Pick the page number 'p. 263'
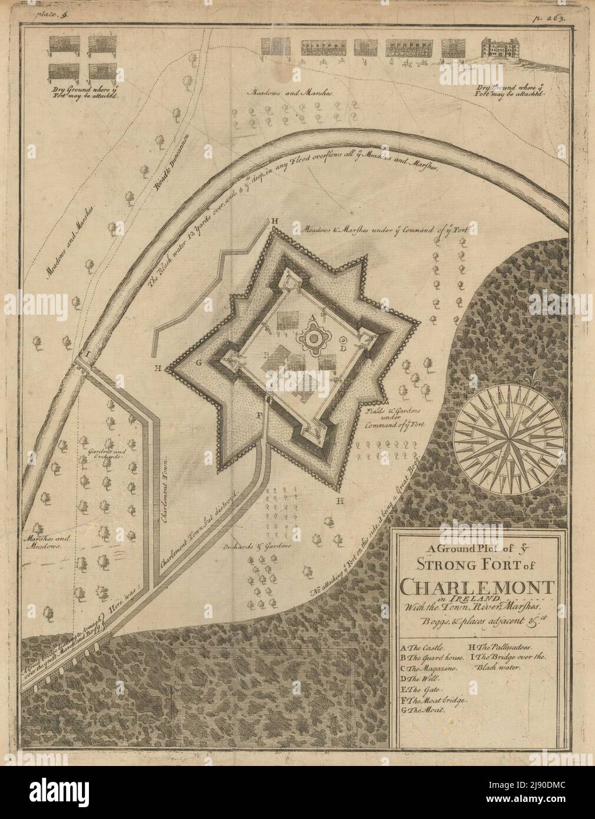(x=555, y=18)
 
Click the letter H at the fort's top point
(x=274, y=221)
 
